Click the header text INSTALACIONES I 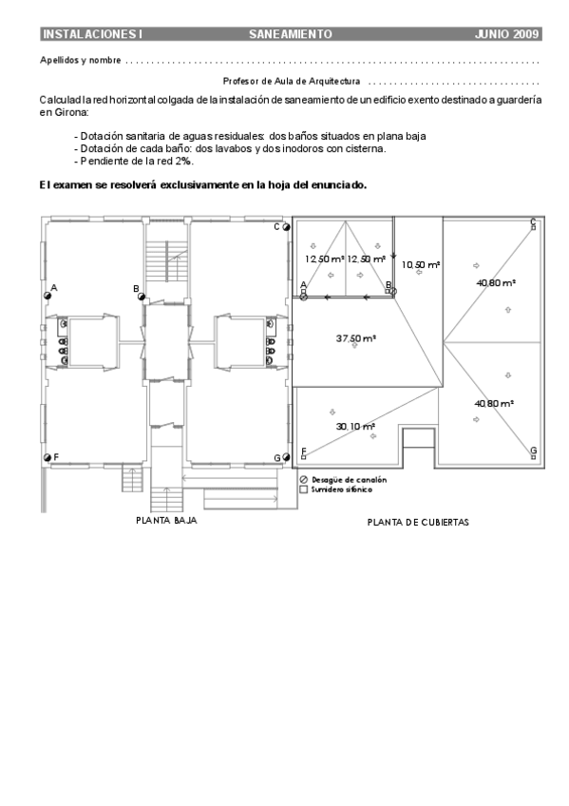92,34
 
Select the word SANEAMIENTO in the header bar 291,34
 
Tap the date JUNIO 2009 506,34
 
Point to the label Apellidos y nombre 81,61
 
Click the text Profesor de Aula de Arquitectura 292,81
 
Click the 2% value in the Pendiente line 184,161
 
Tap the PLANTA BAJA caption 166,521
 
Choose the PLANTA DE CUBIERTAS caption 418,523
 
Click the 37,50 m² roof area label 356,338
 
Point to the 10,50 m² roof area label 421,265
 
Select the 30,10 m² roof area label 355,427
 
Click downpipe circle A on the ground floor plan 47,296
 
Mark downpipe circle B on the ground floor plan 142,297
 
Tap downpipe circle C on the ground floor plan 286,227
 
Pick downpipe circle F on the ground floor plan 47,457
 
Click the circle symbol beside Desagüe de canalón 303,480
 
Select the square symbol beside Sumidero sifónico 303,489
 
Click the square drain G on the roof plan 534,457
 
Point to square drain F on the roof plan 304,457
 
